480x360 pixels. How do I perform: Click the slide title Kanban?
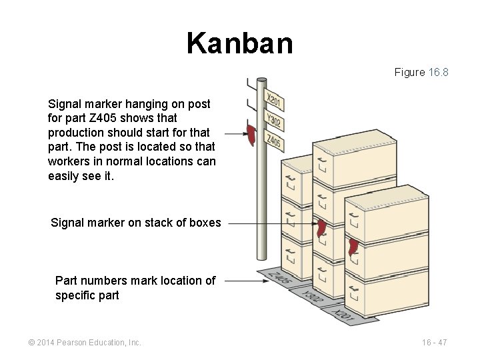pos(239,43)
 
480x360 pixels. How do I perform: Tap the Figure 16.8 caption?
pos(421,72)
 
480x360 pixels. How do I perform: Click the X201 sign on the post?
pos(275,101)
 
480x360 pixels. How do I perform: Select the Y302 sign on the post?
pos(274,121)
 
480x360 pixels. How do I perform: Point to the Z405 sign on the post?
pos(274,140)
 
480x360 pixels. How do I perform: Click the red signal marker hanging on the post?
pos(251,134)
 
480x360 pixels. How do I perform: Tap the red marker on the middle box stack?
pos(322,228)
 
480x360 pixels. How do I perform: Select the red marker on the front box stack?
pos(353,247)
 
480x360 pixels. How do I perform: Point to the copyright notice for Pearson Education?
pos(85,343)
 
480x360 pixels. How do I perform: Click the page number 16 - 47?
pos(434,343)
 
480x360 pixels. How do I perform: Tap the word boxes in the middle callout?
pos(204,223)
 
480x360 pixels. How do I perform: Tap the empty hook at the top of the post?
pos(251,85)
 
